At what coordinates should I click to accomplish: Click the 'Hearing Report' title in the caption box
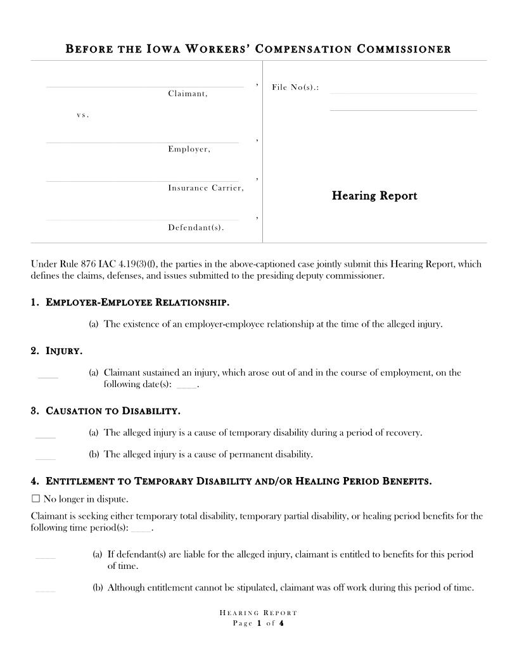click(x=374, y=196)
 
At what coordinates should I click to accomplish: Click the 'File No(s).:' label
click(x=295, y=87)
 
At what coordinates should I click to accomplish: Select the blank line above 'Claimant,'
click(x=144, y=86)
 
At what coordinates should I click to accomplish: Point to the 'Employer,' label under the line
click(x=189, y=150)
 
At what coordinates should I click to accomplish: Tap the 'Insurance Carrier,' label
click(x=205, y=188)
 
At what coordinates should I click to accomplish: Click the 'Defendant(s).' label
click(x=196, y=227)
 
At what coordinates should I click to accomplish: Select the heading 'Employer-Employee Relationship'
click(x=137, y=302)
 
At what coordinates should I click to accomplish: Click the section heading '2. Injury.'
click(x=56, y=350)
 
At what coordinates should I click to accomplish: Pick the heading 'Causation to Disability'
click(x=113, y=411)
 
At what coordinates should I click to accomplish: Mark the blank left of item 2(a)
click(x=48, y=377)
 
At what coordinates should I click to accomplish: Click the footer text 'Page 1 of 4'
click(x=258, y=623)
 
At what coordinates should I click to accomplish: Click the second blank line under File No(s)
click(x=403, y=110)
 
